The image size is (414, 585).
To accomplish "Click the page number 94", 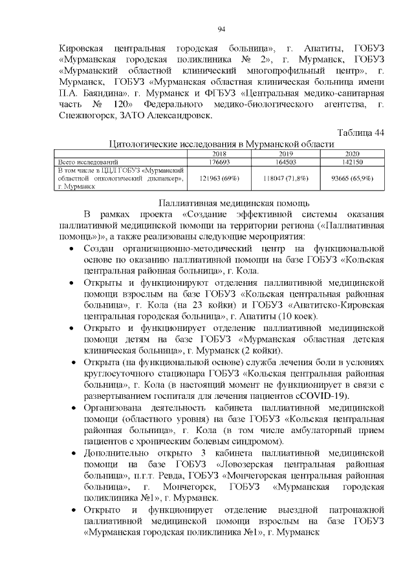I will pos(221,29).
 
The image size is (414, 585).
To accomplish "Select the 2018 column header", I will pos(219,154).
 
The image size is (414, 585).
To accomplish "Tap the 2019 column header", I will pos(285,154).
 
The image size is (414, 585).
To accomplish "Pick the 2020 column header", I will pos(351,154).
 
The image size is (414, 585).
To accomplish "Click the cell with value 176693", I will pos(219,161).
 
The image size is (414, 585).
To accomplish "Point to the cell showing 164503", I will pos(285,161).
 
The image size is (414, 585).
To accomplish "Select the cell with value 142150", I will pos(351,161).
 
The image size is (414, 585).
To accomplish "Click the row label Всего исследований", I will pos(88,161).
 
